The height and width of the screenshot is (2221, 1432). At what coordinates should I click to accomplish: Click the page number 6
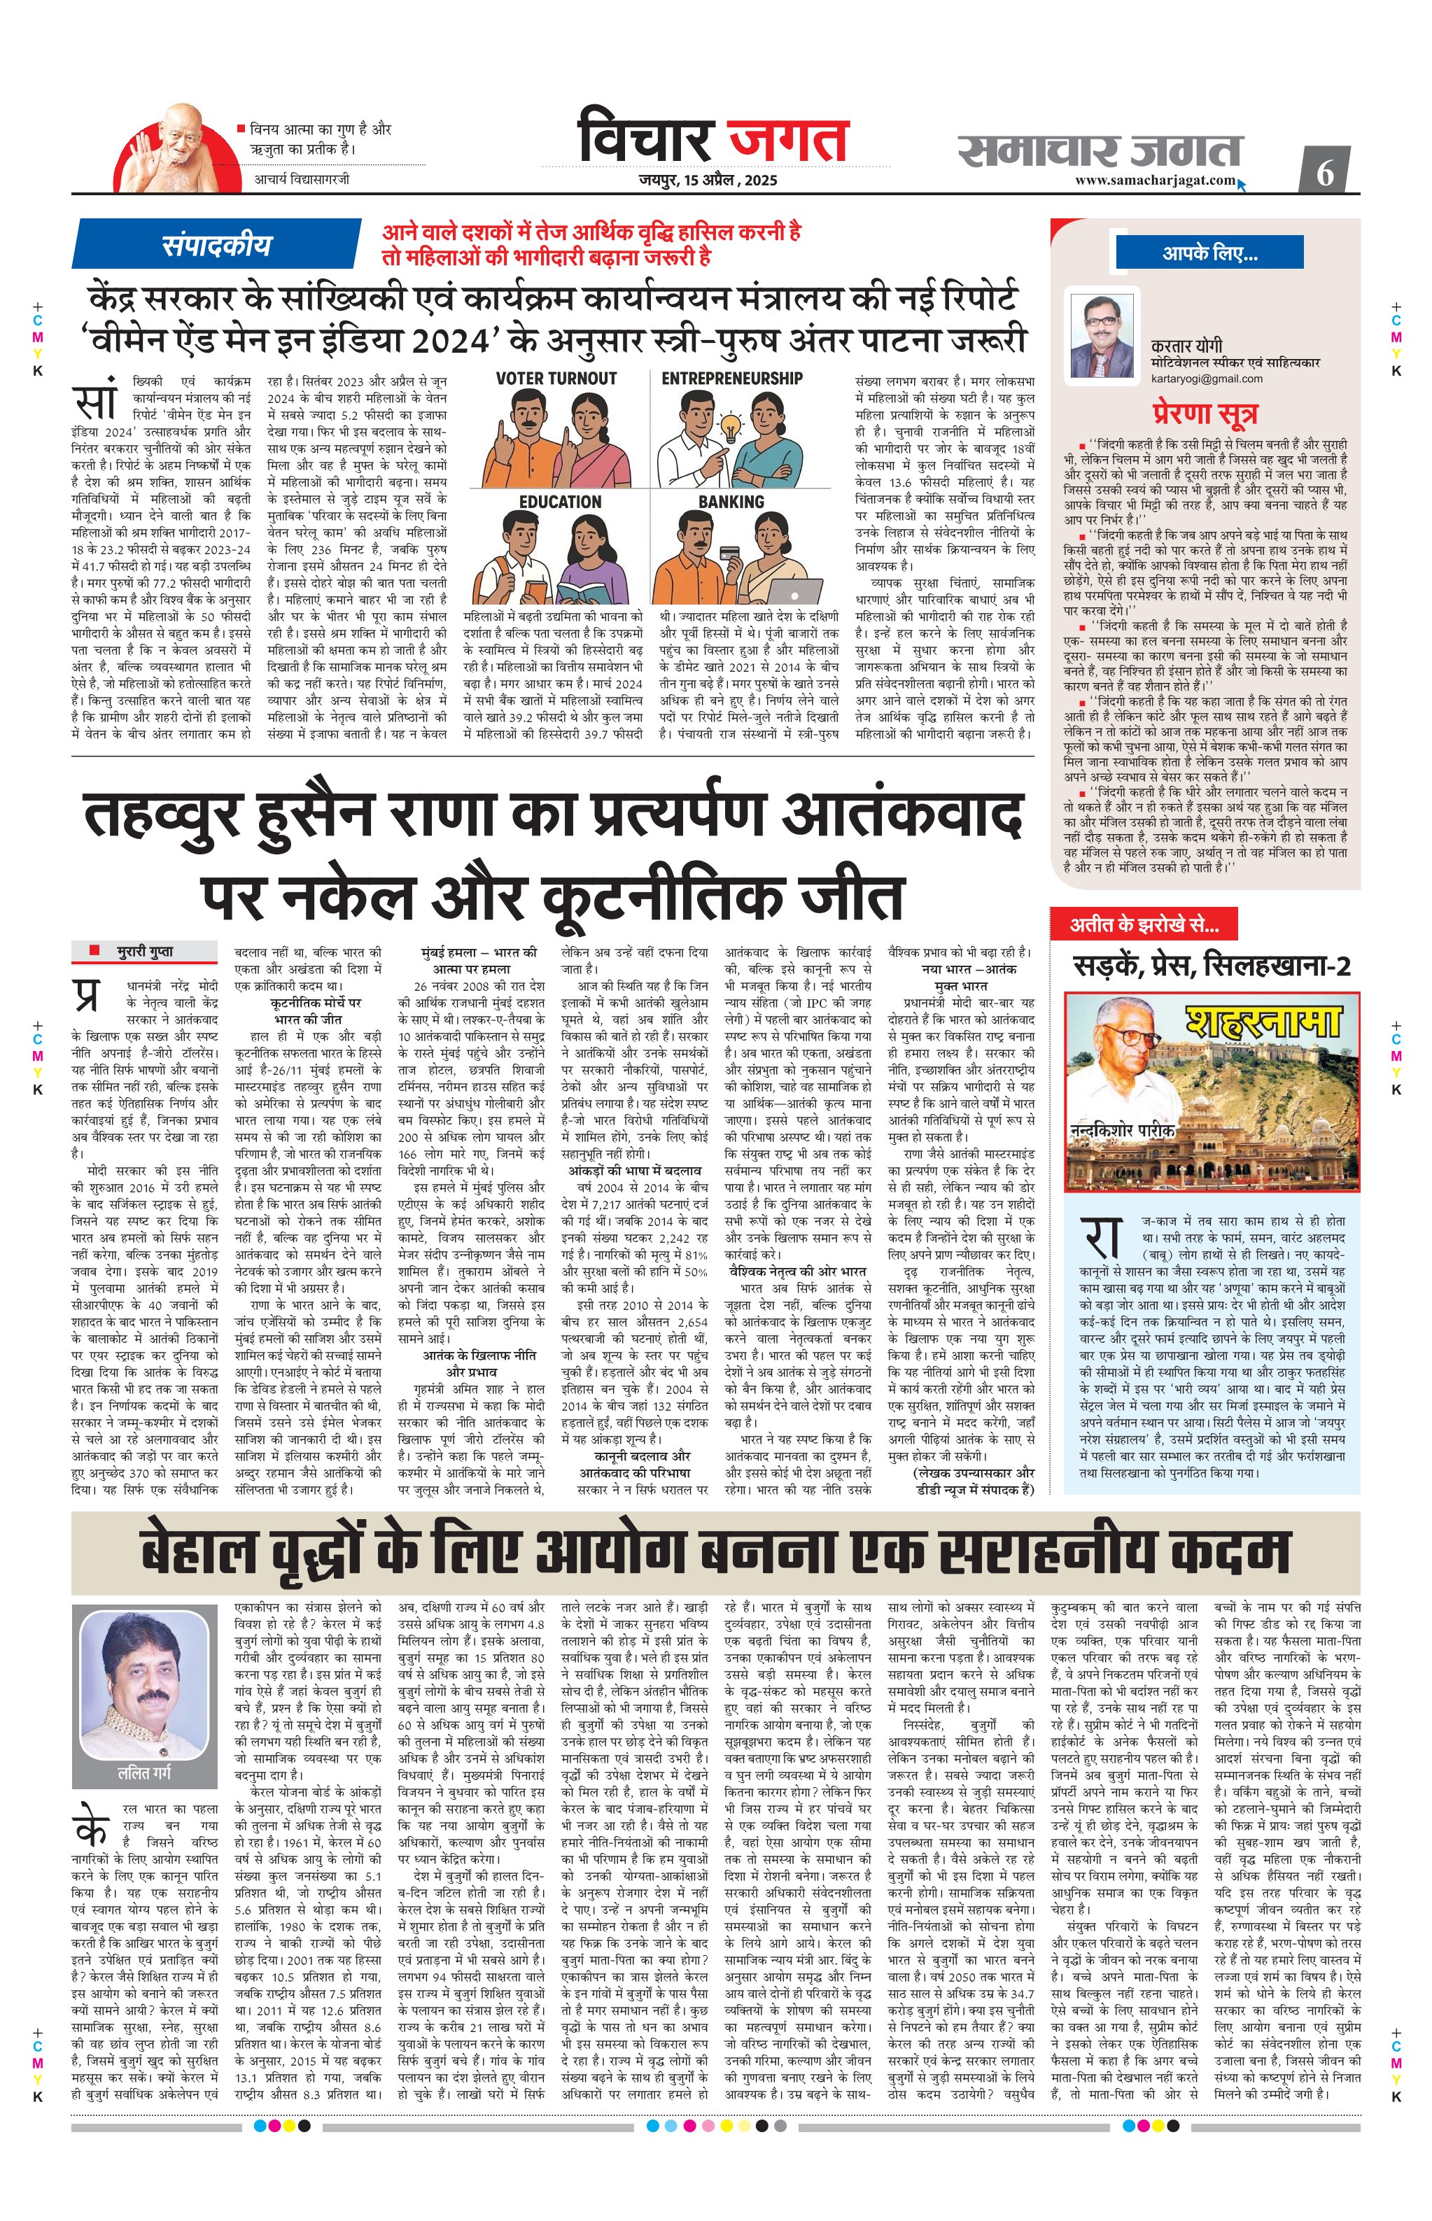click(1325, 172)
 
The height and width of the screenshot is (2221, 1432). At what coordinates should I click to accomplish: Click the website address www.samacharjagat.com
click(1155, 181)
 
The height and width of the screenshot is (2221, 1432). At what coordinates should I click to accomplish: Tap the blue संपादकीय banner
click(217, 244)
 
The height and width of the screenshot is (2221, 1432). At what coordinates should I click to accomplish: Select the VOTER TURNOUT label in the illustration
click(556, 379)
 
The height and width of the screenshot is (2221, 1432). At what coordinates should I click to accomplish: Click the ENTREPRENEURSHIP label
click(732, 379)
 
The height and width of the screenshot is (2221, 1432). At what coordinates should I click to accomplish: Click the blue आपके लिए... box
click(1209, 253)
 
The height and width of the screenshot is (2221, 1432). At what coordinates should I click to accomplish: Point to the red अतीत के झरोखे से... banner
click(1144, 924)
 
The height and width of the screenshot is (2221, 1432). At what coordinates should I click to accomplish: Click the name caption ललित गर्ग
click(144, 1773)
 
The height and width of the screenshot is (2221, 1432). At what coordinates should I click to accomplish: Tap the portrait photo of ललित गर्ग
click(144, 1681)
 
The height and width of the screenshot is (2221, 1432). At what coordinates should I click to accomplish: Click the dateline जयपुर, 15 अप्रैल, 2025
click(708, 181)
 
